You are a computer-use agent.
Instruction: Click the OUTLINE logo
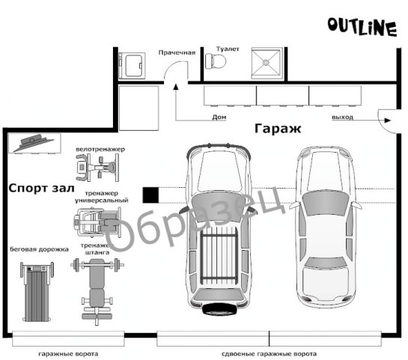[x=362, y=27]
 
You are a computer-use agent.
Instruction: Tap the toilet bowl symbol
[x=216, y=61]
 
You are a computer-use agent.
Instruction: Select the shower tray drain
[x=266, y=62]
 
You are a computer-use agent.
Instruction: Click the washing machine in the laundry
[x=132, y=66]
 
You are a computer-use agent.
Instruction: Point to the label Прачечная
[x=177, y=52]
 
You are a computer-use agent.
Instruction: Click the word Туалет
[x=228, y=49]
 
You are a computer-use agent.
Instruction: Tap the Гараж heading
[x=278, y=128]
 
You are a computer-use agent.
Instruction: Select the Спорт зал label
[x=41, y=188]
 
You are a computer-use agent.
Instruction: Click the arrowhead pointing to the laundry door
[x=176, y=87]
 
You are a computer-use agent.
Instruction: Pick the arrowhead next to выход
[x=388, y=120]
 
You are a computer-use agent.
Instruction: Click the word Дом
[x=219, y=117]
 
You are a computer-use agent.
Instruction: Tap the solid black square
[x=150, y=195]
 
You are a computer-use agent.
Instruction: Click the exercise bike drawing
[x=97, y=167]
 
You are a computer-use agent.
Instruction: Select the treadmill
[x=37, y=292]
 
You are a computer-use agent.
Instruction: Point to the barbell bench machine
[x=97, y=291]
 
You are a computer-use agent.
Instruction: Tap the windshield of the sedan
[x=325, y=204]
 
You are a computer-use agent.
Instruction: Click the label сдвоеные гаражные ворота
[x=269, y=354]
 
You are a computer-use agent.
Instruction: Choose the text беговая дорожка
[x=39, y=249]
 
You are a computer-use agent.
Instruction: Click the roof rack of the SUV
[x=219, y=256]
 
